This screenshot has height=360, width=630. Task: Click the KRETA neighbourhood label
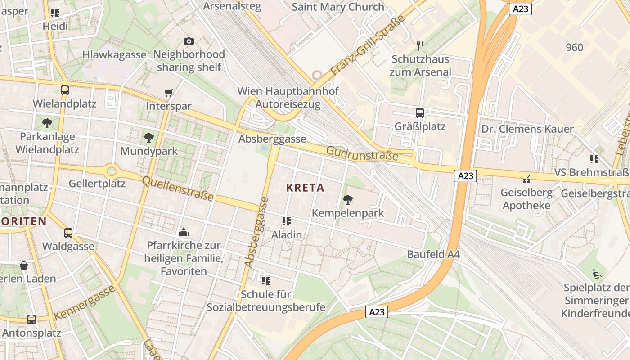pyautogui.click(x=305, y=188)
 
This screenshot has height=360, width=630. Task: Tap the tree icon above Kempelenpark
pyautogui.click(x=347, y=199)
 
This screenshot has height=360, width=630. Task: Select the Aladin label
pyautogui.click(x=287, y=235)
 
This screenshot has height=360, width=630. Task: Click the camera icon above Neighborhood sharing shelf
pyautogui.click(x=189, y=41)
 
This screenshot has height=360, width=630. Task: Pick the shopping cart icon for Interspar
pyautogui.click(x=169, y=93)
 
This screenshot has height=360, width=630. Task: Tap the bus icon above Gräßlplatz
pyautogui.click(x=419, y=112)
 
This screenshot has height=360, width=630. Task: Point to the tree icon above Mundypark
pyautogui.click(x=149, y=138)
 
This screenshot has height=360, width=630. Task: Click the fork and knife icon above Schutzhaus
pyautogui.click(x=420, y=46)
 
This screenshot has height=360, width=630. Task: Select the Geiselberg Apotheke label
pyautogui.click(x=526, y=199)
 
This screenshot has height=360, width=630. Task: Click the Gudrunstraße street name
pyautogui.click(x=362, y=153)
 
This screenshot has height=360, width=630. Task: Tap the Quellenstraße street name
pyautogui.click(x=177, y=188)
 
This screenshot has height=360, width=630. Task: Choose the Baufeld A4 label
pyautogui.click(x=433, y=254)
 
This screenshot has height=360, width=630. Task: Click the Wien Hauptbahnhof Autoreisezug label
pyautogui.click(x=288, y=98)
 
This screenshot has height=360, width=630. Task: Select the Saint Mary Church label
pyautogui.click(x=338, y=7)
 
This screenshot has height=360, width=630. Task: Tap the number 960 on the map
pyautogui.click(x=574, y=47)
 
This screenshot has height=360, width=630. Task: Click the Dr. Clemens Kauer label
pyautogui.click(x=527, y=129)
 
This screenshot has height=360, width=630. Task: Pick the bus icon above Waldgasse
pyautogui.click(x=68, y=233)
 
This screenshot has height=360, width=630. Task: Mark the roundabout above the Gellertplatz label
pyautogui.click(x=112, y=171)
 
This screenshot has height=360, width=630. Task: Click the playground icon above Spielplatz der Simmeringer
pyautogui.click(x=597, y=274)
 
